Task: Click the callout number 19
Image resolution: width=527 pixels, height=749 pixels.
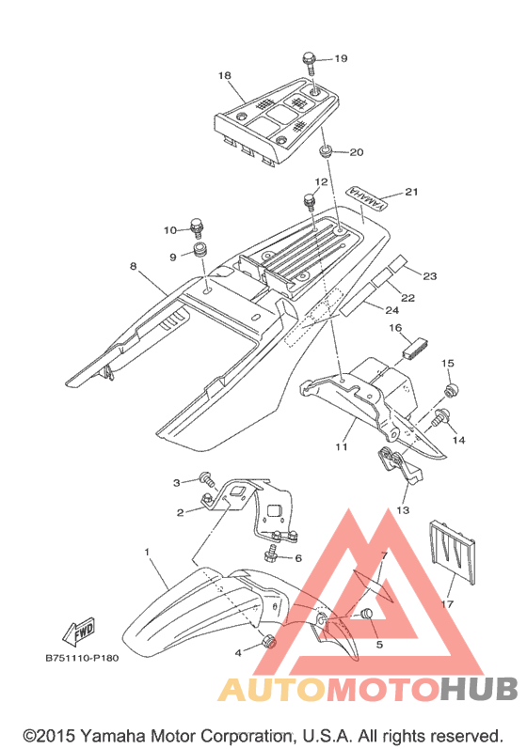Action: tap(341, 58)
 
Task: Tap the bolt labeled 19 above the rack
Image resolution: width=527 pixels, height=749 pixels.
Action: tap(310, 64)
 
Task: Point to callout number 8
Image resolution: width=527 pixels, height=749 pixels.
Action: tap(133, 266)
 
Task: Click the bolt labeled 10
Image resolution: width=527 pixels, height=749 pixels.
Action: tap(197, 227)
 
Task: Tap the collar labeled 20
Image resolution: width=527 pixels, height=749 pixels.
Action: tap(326, 152)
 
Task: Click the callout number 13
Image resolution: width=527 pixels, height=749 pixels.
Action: tap(403, 510)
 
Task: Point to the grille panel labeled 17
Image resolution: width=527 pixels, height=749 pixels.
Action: tap(453, 552)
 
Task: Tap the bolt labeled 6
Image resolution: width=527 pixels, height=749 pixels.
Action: tap(272, 554)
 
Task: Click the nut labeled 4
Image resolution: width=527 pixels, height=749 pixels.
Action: tap(269, 642)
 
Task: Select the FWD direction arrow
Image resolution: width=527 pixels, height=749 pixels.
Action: tap(79, 632)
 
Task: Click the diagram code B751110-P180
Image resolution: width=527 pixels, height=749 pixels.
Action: tap(82, 658)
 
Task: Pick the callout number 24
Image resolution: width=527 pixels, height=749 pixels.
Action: tap(392, 310)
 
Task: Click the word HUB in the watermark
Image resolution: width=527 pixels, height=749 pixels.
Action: tap(479, 689)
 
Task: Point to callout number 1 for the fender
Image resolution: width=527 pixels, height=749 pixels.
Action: tap(148, 553)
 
